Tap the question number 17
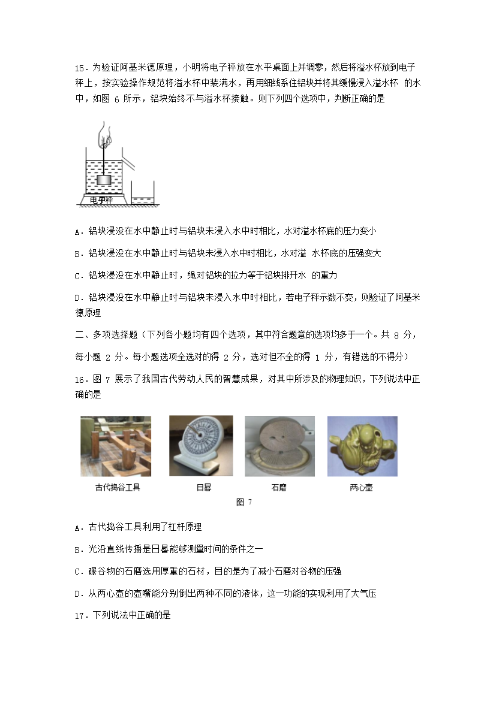coord(80,614)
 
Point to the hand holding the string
coord(106,134)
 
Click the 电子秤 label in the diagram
coord(101,200)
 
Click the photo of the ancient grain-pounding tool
coord(116,446)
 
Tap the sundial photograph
coord(200,446)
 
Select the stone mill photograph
coord(279,446)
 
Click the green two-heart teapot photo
coord(362,446)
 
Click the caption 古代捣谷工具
coord(118,487)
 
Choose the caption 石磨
coord(279,487)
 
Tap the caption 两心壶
coord(361,487)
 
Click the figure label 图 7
coord(244,502)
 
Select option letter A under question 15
coord(78,231)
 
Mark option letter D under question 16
coord(78,594)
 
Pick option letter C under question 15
coord(78,276)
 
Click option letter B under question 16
coord(78,549)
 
